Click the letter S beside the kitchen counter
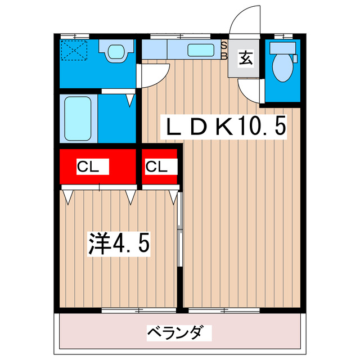click(223, 44)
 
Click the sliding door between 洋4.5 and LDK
click(179, 231)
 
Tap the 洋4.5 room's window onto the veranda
click(118, 310)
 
